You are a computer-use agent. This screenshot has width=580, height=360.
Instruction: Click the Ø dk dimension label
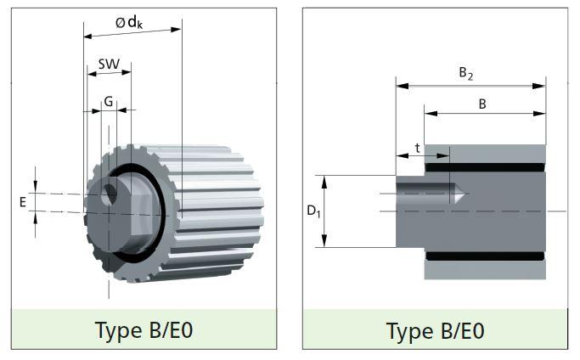pos(129,23)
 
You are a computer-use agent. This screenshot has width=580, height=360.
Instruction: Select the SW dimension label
pos(109,65)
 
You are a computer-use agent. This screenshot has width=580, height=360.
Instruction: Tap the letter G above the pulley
pos(109,101)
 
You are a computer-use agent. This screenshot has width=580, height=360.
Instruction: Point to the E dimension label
pos(23,202)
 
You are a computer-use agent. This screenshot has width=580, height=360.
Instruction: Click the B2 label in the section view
pos(465,73)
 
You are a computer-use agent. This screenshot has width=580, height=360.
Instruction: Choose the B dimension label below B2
pos(482,104)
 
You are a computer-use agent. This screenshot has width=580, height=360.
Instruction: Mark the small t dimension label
pos(417,149)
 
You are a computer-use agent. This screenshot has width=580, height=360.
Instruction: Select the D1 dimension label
pos(313,211)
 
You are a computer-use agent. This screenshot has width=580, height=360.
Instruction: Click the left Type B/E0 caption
pos(144,330)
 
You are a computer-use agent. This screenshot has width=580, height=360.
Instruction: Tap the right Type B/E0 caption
pos(436,331)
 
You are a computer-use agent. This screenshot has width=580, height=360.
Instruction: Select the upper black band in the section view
pos(485,167)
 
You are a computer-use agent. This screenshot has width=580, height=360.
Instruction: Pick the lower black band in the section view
pos(485,256)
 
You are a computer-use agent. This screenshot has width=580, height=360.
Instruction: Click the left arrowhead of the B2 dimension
pos(402,87)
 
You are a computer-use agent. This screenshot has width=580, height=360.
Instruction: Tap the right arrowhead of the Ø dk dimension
pos(176,30)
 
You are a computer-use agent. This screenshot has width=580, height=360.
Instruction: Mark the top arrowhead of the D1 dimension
pos(324,182)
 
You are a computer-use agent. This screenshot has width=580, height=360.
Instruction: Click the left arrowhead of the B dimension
pos(431,113)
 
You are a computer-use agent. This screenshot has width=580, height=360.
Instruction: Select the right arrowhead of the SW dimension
pos(127,72)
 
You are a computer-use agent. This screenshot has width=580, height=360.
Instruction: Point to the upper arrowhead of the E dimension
pos(36,187)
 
